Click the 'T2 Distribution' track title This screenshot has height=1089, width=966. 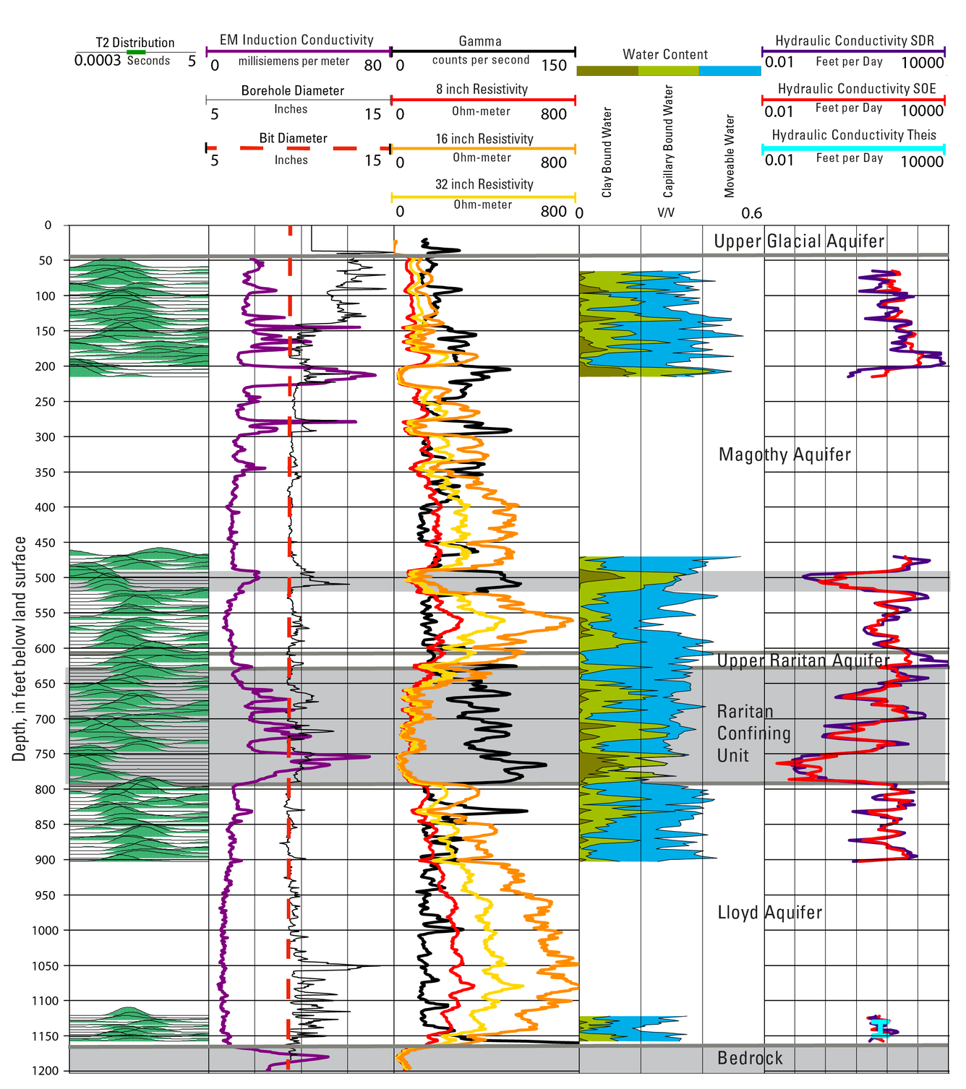tap(135, 43)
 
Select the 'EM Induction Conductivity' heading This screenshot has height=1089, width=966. tap(296, 40)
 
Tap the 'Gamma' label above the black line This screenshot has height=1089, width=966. tap(480, 41)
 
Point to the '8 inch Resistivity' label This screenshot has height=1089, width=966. tap(482, 89)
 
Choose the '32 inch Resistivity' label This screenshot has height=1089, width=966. tap(484, 184)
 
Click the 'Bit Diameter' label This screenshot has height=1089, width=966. tap(294, 138)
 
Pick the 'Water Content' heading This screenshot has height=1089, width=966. tap(665, 54)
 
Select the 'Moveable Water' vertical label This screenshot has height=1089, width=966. tap(730, 155)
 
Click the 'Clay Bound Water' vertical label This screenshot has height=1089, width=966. tap(607, 152)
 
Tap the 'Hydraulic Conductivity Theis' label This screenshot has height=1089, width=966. tap(854, 135)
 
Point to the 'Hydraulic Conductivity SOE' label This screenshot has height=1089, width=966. tap(857, 89)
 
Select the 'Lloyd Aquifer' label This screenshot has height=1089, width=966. tap(769, 913)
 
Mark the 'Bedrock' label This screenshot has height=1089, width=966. tap(750, 1059)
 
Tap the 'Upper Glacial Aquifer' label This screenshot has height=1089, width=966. tap(799, 241)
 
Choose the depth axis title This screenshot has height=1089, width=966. tap(20, 648)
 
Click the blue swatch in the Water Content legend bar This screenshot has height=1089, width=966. tap(730, 71)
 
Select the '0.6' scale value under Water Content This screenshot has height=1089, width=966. tap(752, 213)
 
